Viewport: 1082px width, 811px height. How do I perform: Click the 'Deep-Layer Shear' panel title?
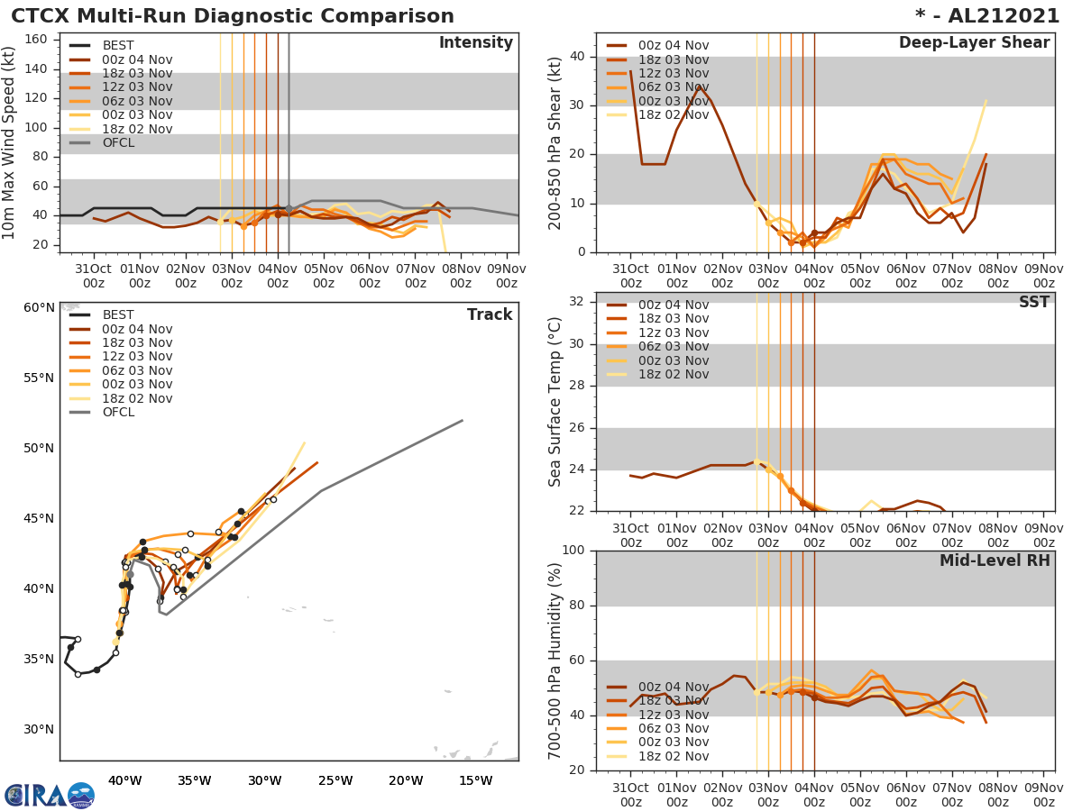coord(974,43)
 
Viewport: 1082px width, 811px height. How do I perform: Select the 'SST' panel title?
coord(1034,302)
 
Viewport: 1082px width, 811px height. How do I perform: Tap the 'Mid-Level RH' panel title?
coord(995,560)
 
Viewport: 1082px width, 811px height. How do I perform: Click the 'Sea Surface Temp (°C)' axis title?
coord(555,401)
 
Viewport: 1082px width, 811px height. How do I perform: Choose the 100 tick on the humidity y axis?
coord(572,550)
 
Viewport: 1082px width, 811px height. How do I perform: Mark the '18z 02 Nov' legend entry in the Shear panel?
coord(673,115)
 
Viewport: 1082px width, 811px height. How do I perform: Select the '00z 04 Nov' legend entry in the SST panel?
coord(673,305)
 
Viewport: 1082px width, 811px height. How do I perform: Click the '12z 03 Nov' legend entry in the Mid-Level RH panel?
coord(673,715)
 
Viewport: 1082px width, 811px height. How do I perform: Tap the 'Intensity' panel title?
coord(475,43)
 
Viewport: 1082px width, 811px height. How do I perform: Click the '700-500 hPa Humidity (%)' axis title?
coord(555,660)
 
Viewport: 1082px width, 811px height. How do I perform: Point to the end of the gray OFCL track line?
coord(463,420)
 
